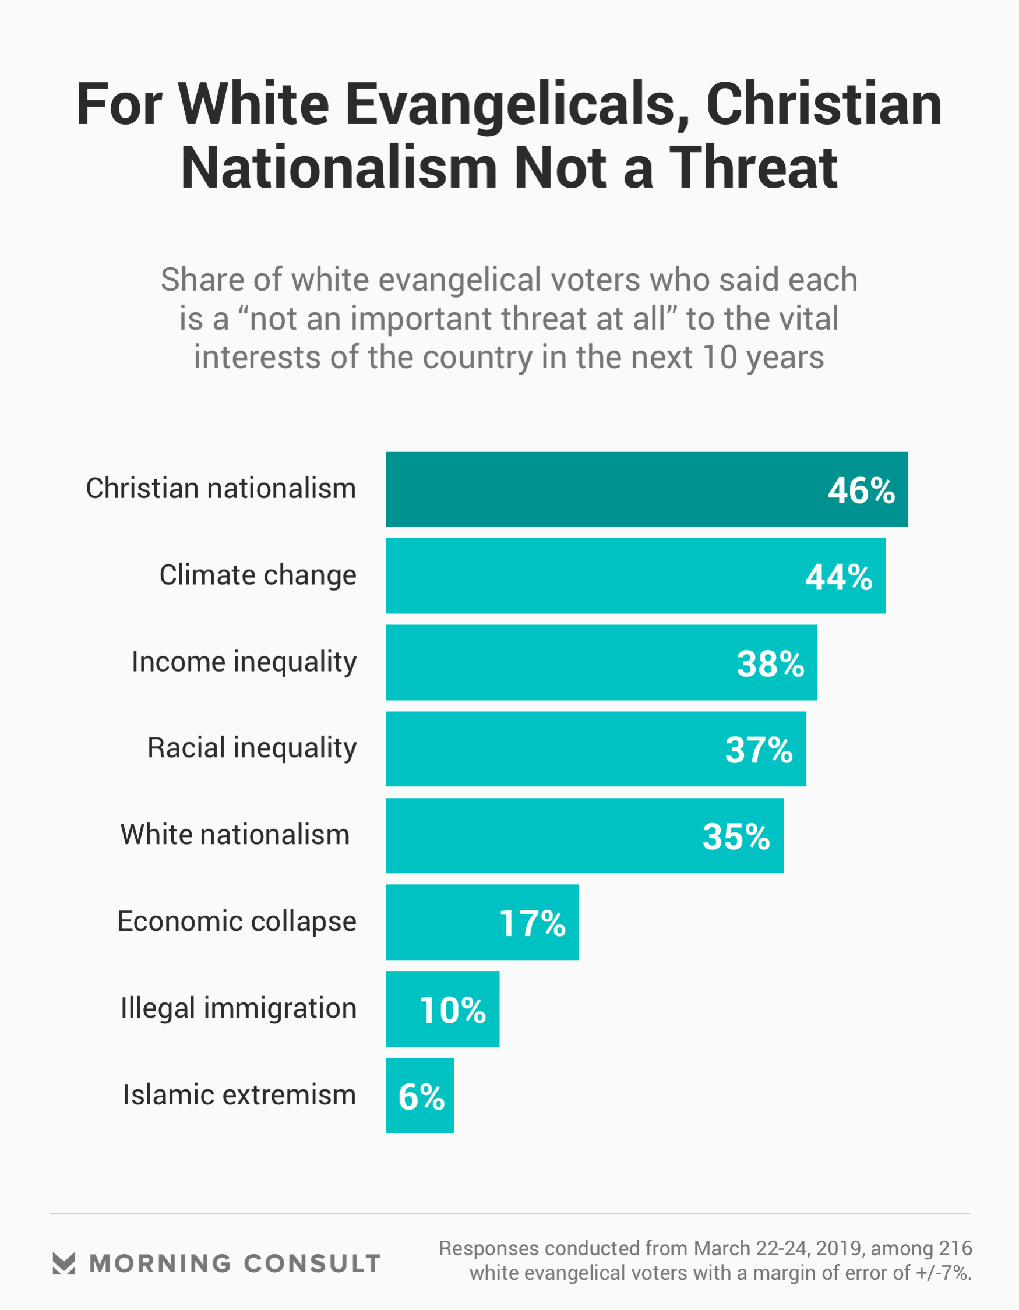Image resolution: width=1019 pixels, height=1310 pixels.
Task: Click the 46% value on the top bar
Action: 861,490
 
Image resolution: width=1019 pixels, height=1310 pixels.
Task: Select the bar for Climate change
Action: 600,576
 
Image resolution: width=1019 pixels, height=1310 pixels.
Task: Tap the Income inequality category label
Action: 244,662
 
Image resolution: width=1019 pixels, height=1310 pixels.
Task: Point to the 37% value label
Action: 759,750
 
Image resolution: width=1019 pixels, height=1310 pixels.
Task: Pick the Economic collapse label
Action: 237,921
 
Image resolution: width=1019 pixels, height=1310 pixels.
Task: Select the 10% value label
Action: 453,1010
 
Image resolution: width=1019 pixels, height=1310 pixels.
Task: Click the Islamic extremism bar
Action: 419,1095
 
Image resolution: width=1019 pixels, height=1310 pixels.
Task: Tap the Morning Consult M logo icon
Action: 64,1263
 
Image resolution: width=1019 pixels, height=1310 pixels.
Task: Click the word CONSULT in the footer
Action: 312,1264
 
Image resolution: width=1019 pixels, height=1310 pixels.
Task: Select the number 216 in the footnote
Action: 955,1248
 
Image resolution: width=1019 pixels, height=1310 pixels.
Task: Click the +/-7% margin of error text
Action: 943,1273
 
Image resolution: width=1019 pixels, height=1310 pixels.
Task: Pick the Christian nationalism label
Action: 221,488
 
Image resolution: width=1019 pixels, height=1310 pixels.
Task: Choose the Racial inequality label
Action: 252,748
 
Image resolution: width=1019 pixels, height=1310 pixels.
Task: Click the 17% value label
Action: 533,923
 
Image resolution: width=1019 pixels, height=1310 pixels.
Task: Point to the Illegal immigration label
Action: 238,1008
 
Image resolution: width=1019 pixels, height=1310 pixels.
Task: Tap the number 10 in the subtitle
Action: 720,358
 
